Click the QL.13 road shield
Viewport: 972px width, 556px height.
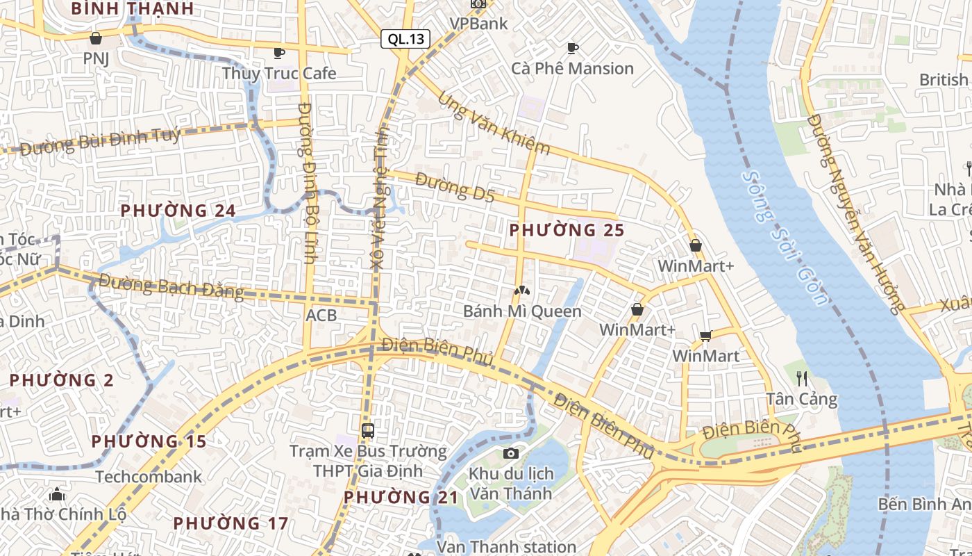[405, 39]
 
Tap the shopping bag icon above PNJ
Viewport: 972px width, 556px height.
[96, 38]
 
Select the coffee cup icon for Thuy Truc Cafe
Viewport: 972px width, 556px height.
[279, 53]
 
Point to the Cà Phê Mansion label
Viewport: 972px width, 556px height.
[573, 68]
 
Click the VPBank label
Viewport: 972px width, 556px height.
[479, 23]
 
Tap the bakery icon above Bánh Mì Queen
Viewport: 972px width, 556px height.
[521, 290]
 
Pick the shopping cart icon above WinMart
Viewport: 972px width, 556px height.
[706, 336]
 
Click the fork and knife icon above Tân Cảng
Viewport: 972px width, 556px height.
[802, 379]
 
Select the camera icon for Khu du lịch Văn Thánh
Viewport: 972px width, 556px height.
[511, 454]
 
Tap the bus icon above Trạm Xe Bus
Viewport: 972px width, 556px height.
[368, 431]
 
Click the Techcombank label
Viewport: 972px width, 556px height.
[149, 477]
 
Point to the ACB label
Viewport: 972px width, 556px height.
[321, 316]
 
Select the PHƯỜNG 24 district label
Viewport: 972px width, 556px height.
[178, 210]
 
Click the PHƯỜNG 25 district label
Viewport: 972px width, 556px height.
[567, 229]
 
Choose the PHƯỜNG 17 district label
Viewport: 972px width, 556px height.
[231, 523]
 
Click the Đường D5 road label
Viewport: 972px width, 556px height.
[455, 188]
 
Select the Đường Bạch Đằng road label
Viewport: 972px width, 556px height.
[171, 286]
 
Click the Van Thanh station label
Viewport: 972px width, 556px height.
[506, 547]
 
